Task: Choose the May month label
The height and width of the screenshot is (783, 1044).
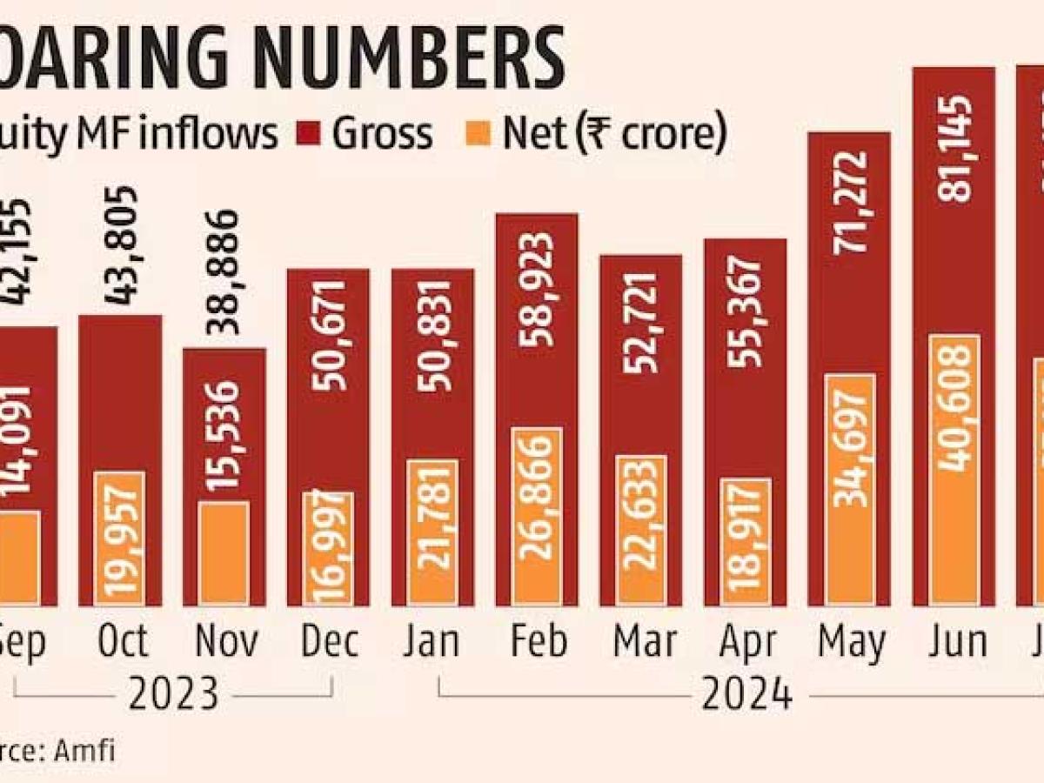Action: [x=851, y=643]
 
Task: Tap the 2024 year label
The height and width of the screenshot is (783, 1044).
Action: [x=747, y=693]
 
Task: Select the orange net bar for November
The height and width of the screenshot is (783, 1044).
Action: [x=224, y=552]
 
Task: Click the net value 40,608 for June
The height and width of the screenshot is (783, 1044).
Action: [x=954, y=408]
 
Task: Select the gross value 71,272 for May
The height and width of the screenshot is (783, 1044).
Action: [x=849, y=203]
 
